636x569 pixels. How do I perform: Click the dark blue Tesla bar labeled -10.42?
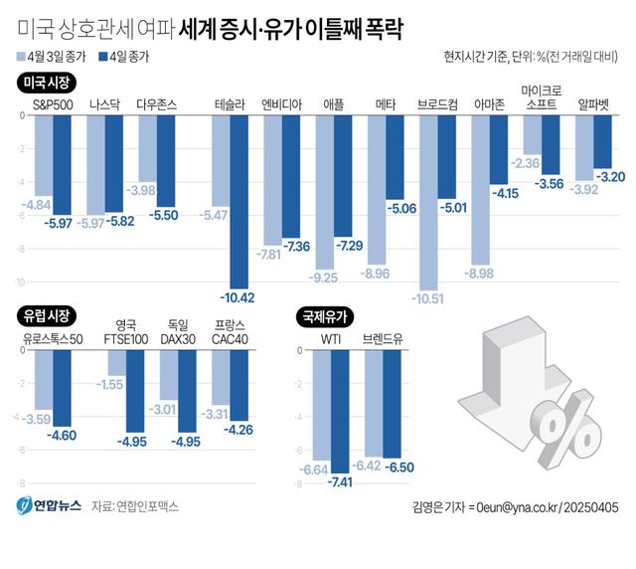[x=238, y=199]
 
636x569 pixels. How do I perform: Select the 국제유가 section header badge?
[x=324, y=316]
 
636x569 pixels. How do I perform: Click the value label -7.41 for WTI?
[x=340, y=482]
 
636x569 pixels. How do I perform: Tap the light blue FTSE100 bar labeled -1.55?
[x=115, y=362]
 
